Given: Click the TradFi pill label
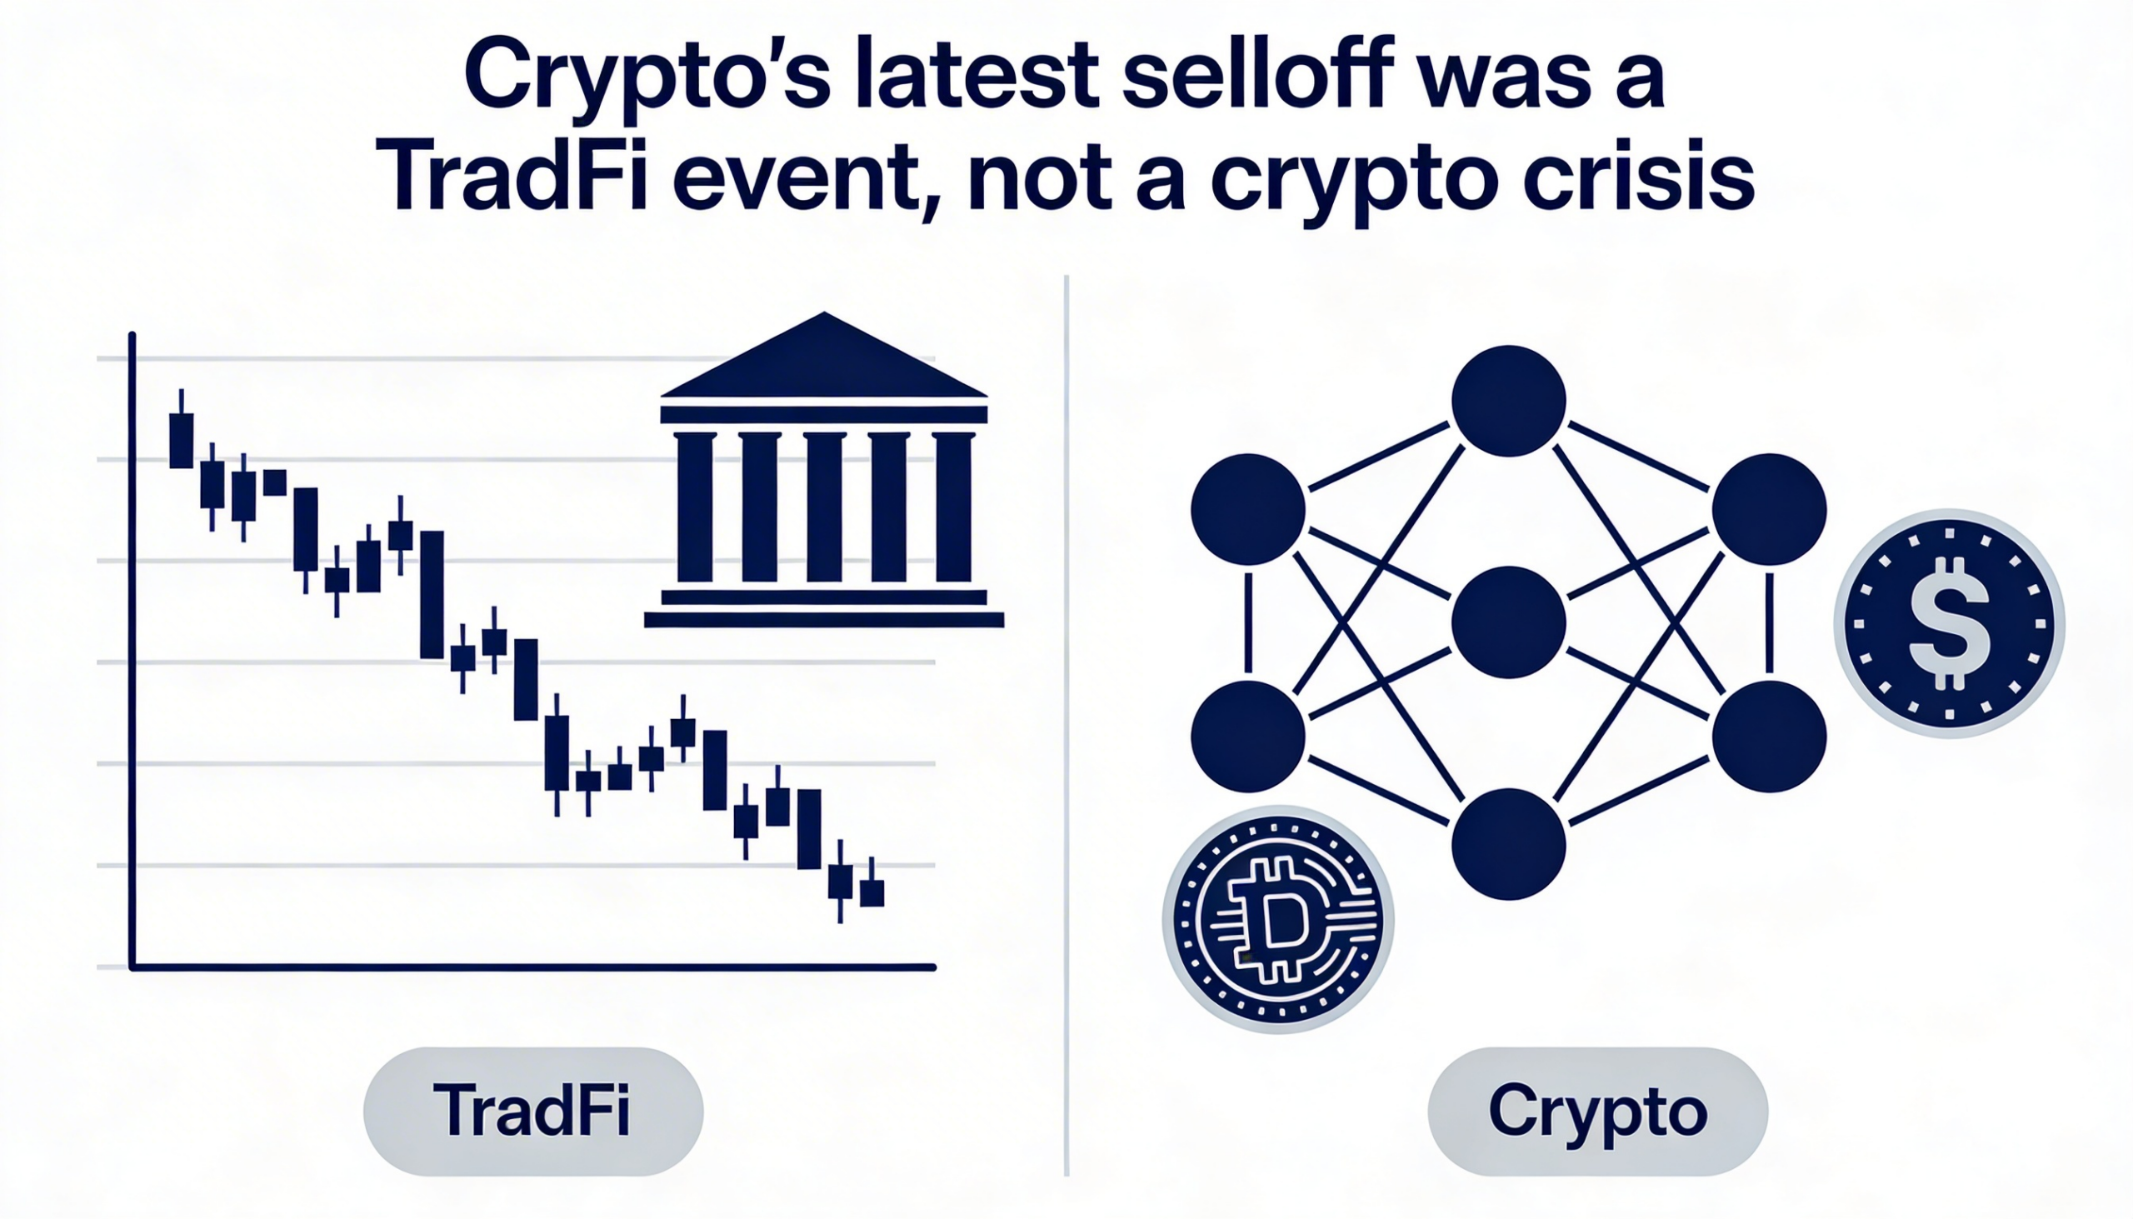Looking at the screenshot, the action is click(x=533, y=1111).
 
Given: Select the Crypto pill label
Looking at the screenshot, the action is click(x=1597, y=1111).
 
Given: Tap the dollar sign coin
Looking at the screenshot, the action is click(x=1949, y=624).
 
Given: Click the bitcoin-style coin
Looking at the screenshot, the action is click(x=1277, y=919).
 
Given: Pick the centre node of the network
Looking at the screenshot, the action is click(x=1508, y=622).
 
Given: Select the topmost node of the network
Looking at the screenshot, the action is click(x=1508, y=401).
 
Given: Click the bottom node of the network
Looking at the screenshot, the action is click(x=1508, y=844).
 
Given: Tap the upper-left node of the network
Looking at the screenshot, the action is click(x=1248, y=509).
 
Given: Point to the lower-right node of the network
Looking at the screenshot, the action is click(x=1769, y=736).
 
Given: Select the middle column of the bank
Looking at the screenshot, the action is click(x=824, y=507).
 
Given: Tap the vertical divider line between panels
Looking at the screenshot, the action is click(x=1066, y=725).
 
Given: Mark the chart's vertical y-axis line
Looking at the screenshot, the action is click(x=132, y=651).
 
